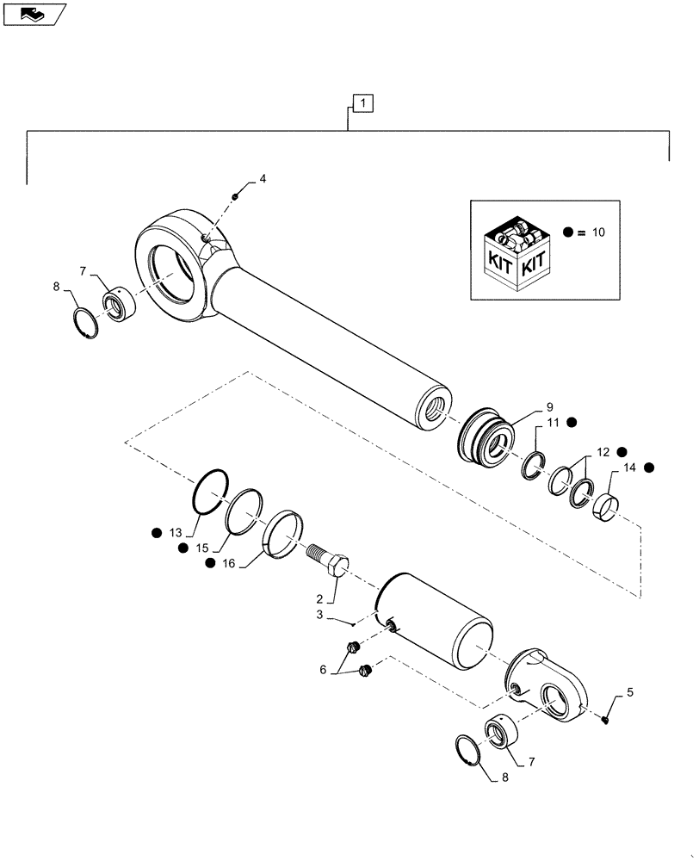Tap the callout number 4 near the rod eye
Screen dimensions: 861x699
[x=263, y=179]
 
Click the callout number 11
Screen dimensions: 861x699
[x=551, y=422]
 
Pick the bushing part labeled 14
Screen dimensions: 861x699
[x=605, y=500]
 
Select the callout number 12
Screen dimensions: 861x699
[x=601, y=450]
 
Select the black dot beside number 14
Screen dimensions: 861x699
[x=648, y=468]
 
